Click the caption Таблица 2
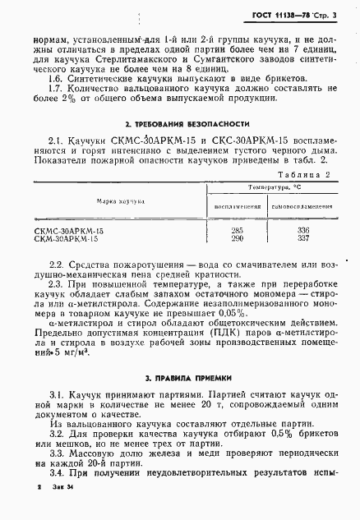click(303, 174)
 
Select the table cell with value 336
click(302, 230)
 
